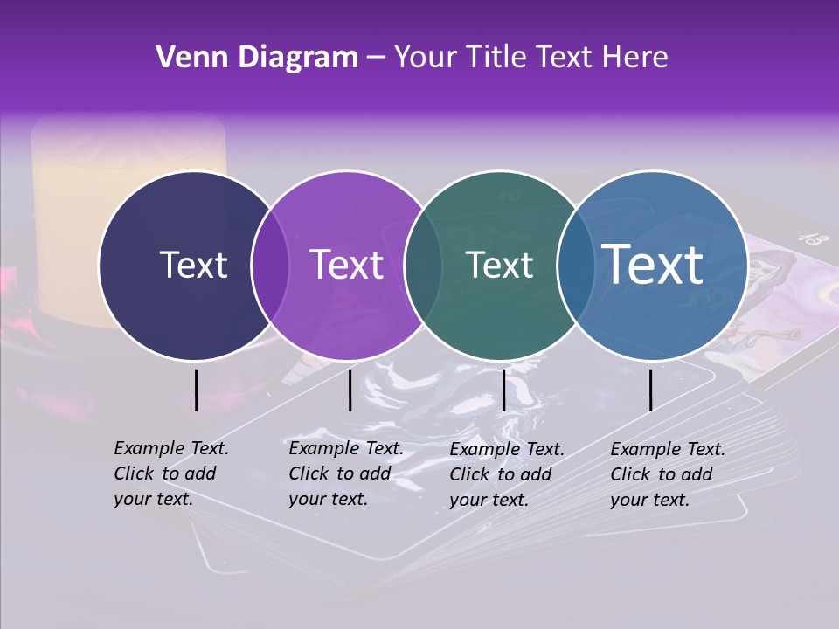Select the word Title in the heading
498,58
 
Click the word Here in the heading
634,58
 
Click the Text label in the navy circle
193,265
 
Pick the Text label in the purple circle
346,265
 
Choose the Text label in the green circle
500,265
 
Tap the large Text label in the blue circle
653,264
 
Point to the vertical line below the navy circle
196,390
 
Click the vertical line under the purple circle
350,390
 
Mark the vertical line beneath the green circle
503,390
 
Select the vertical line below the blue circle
650,390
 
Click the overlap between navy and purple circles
270,265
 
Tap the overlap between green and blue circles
573,265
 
